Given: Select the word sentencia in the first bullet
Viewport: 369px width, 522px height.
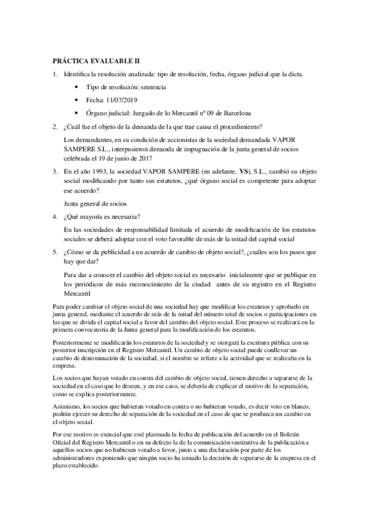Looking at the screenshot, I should click(148, 87).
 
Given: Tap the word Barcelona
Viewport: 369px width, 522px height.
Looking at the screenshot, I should click(232, 113).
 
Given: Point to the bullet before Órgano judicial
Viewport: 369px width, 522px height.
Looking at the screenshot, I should click(76, 113).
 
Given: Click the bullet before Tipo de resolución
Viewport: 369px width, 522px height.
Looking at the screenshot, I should click(76, 87).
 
